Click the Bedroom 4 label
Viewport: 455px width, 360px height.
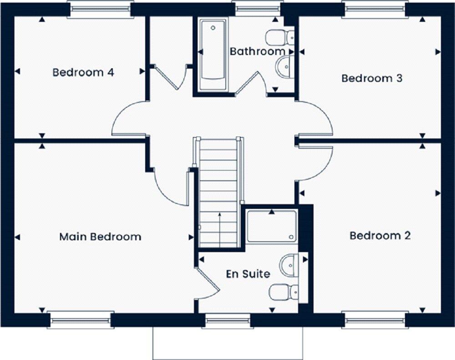point(83,72)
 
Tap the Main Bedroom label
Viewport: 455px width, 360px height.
point(100,237)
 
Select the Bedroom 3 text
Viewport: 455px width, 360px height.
point(372,78)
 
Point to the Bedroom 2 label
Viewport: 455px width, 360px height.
point(380,236)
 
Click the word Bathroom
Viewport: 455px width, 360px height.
point(257,51)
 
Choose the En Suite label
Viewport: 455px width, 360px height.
point(248,274)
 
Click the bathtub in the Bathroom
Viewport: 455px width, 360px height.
point(212,55)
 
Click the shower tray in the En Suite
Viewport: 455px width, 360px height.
point(272,226)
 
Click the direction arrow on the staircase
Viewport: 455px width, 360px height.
point(219,230)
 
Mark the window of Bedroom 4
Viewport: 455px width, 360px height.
point(101,10)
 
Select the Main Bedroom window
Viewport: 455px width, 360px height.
point(81,320)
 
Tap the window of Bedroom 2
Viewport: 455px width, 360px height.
point(375,320)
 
